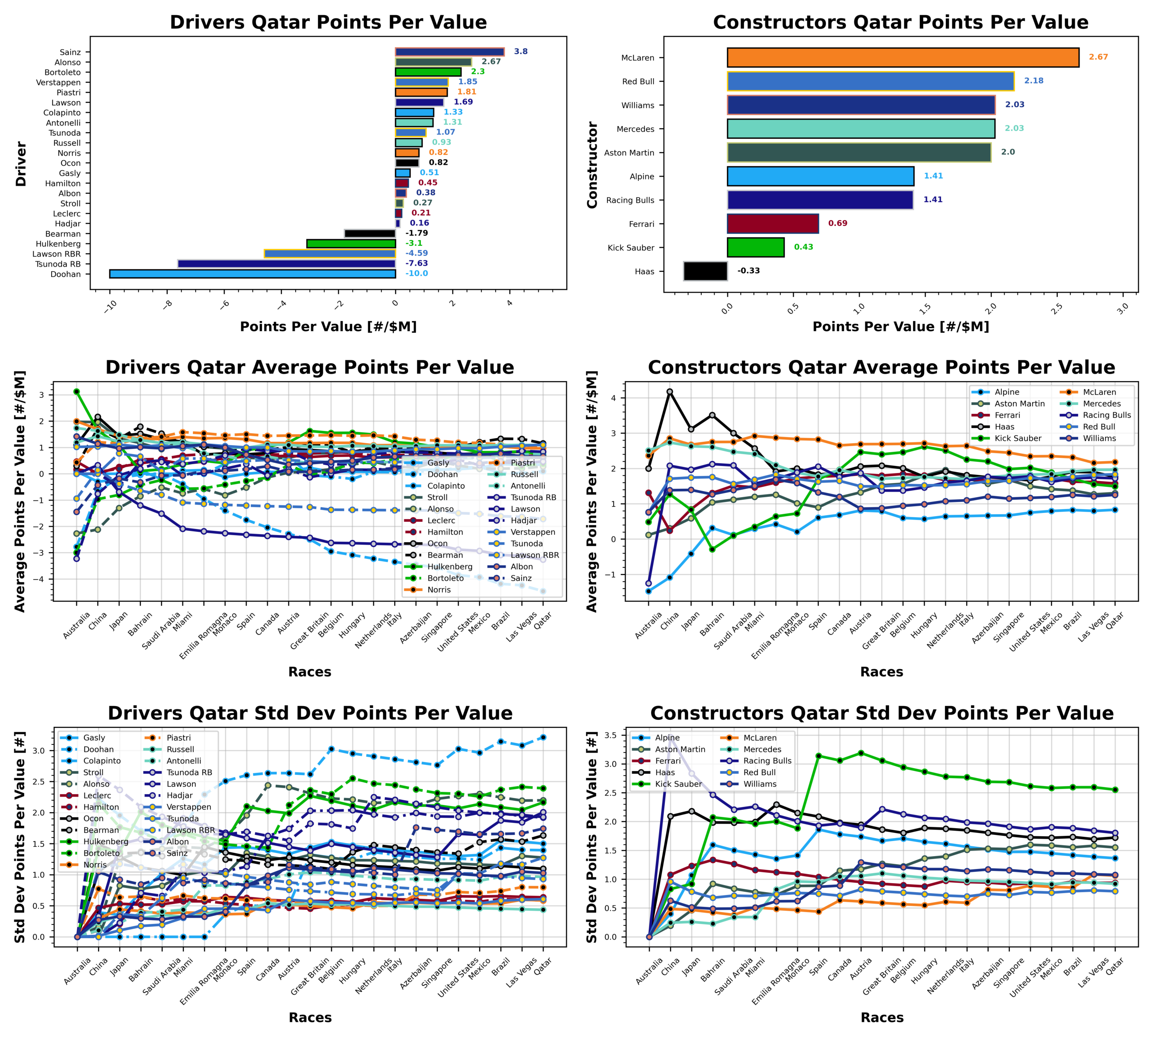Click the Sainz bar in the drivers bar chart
pos(450,52)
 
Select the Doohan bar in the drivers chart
pos(252,274)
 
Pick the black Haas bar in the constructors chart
pos(705,271)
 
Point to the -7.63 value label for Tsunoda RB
pos(417,264)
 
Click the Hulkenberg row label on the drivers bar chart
pos(58,244)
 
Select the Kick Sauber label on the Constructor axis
pos(631,248)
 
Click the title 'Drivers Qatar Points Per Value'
pos(328,22)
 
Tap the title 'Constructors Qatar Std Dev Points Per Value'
pos(881,713)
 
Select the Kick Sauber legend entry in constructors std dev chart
pos(678,784)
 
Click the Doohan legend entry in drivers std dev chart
pos(98,750)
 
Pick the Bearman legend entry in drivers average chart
pos(445,555)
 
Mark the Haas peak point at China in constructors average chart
pos(670,392)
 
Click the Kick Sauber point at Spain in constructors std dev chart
pos(818,756)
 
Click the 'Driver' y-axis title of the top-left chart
pos(21,164)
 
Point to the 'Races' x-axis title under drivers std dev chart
pos(309,1017)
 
